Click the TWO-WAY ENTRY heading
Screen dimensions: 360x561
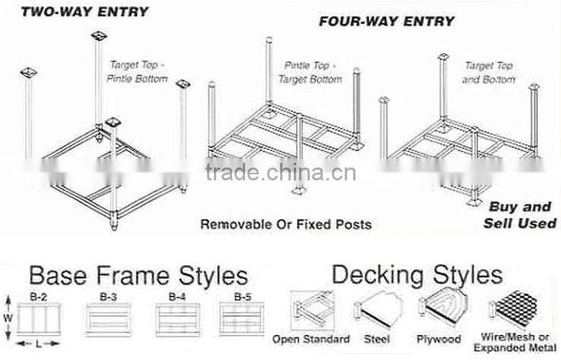[x=84, y=11]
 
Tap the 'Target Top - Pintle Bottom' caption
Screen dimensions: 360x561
[x=137, y=72]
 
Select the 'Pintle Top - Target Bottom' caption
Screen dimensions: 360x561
[x=313, y=72]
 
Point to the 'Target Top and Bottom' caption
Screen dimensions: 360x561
[x=489, y=72]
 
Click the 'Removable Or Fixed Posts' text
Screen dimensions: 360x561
[x=285, y=224]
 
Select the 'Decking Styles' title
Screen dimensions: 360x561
[x=416, y=274]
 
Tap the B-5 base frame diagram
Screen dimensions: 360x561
[x=241, y=314]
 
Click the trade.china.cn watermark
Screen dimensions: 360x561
[x=281, y=173]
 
